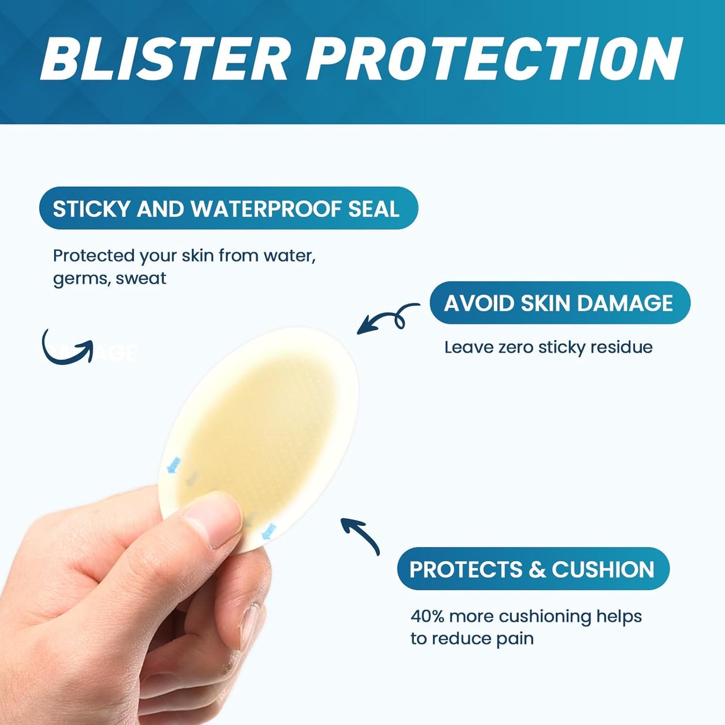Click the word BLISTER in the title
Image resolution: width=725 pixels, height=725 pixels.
coord(166,59)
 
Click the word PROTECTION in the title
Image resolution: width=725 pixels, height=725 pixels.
coord(494,59)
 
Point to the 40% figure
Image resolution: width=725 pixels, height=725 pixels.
coord(427,616)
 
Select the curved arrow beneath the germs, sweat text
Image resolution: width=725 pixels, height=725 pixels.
coord(68,347)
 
